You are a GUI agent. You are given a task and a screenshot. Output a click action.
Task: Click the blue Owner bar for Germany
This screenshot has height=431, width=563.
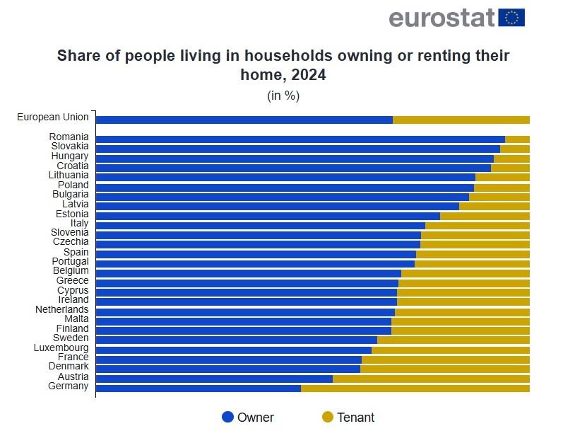[198, 388]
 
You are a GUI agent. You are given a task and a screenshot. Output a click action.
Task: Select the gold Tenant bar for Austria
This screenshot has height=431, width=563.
[431, 379]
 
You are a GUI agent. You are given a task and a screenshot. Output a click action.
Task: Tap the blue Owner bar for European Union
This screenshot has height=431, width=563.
[244, 120]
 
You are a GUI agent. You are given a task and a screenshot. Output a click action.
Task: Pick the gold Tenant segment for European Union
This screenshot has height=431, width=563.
[461, 120]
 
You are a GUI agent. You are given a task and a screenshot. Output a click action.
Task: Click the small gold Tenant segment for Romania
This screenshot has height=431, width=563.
[517, 139]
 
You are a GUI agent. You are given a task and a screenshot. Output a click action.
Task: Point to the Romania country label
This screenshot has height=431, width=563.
[69, 137]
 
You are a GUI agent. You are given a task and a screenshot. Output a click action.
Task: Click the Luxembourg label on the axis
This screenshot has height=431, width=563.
[61, 347]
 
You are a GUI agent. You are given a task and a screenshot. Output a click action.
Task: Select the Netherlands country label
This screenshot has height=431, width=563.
[62, 309]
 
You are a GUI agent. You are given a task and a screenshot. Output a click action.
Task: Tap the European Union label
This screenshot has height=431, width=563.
[53, 117]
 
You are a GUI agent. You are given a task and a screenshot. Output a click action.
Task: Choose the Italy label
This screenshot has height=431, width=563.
[79, 223]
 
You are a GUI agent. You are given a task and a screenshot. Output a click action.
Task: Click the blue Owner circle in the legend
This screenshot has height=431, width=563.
[227, 417]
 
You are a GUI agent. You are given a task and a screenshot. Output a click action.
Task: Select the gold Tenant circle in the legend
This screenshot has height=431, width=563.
[327, 417]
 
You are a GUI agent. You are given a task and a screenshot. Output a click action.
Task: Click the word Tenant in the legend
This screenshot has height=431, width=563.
[355, 417]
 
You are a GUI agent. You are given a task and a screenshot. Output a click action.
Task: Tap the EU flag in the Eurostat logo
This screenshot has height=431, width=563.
[511, 17]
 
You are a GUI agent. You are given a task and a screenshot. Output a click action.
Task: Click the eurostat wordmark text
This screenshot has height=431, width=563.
[441, 18]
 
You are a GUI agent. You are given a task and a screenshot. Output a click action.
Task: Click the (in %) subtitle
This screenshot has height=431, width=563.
[283, 96]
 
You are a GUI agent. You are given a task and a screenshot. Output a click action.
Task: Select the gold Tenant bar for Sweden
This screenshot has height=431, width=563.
[453, 340]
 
